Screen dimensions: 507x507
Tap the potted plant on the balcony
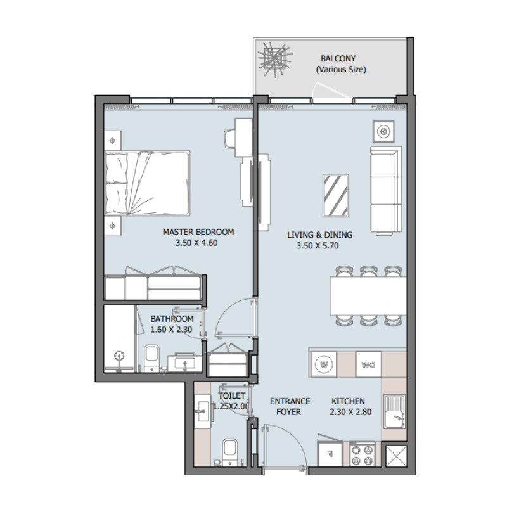[x=274, y=58]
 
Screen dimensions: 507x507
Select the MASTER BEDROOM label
[x=198, y=232]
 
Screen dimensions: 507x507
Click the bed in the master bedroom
[x=148, y=183]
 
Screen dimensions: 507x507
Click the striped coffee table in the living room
[x=335, y=196]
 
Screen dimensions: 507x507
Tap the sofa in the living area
[x=385, y=189]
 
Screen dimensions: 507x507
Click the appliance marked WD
[x=368, y=364]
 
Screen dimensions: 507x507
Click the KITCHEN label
[x=349, y=401]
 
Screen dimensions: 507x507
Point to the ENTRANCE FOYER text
[x=290, y=406]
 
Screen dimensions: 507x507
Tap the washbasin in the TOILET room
[x=203, y=411]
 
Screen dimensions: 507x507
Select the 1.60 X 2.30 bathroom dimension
[x=172, y=330]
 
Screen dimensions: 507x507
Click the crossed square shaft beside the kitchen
[x=396, y=457]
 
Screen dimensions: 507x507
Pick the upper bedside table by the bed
[x=112, y=141]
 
